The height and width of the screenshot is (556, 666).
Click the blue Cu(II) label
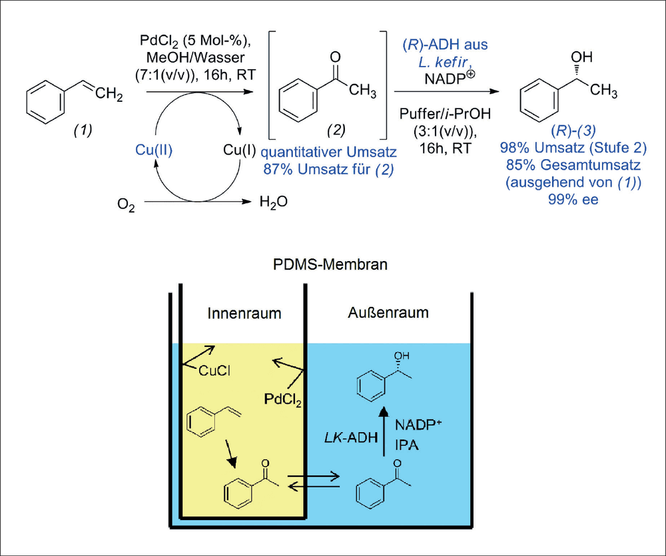(x=154, y=150)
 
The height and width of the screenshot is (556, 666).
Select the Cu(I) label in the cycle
(x=240, y=150)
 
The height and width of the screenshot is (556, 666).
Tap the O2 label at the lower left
(x=126, y=204)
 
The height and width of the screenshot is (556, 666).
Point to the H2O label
(x=274, y=202)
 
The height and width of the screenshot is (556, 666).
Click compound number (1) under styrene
(x=83, y=130)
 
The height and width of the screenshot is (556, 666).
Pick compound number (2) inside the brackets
(x=336, y=130)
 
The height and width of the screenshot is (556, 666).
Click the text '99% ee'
(x=573, y=199)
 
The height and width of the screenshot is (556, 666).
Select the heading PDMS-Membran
(x=330, y=264)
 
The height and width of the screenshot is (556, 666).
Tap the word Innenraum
(x=244, y=314)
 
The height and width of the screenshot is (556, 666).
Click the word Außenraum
(x=388, y=312)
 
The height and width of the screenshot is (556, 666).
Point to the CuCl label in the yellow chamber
(x=214, y=371)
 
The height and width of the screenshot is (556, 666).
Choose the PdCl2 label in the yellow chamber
(x=283, y=400)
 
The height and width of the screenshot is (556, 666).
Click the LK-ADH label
(x=351, y=437)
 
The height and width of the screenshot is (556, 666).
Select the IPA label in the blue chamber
(x=406, y=445)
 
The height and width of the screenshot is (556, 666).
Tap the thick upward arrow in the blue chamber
(x=384, y=431)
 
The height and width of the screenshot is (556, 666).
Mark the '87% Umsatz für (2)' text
(x=328, y=169)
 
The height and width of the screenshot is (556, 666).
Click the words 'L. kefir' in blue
(x=444, y=62)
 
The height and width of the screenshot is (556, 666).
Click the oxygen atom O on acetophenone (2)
(x=335, y=57)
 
